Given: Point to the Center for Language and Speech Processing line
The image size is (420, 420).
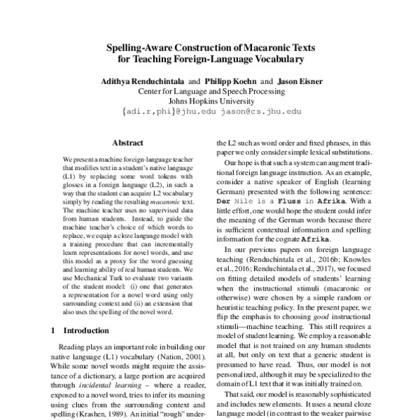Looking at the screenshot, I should pyautogui.click(x=210, y=91).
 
